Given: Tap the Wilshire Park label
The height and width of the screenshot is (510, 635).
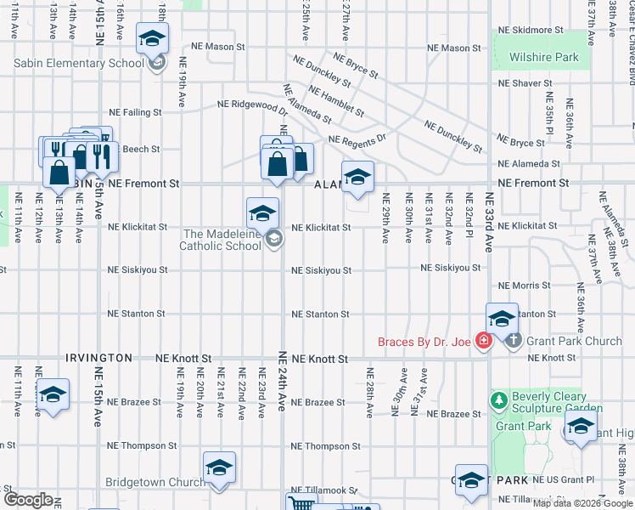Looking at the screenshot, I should point(543,58).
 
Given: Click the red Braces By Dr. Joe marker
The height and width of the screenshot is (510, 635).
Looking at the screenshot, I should point(483,341).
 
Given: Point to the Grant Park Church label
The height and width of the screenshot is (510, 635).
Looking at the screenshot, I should point(574,342).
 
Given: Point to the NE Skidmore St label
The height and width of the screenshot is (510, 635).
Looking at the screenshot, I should point(531,30).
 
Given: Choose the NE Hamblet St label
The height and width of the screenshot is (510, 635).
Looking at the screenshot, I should point(337,101).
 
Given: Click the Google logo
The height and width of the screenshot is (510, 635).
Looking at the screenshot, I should point(28,499).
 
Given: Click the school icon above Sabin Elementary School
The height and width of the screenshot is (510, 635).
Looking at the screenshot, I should point(153,39).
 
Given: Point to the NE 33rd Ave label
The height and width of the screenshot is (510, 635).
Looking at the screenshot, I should point(489,221).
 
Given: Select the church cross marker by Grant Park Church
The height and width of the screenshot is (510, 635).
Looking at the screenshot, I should point(513,340).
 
